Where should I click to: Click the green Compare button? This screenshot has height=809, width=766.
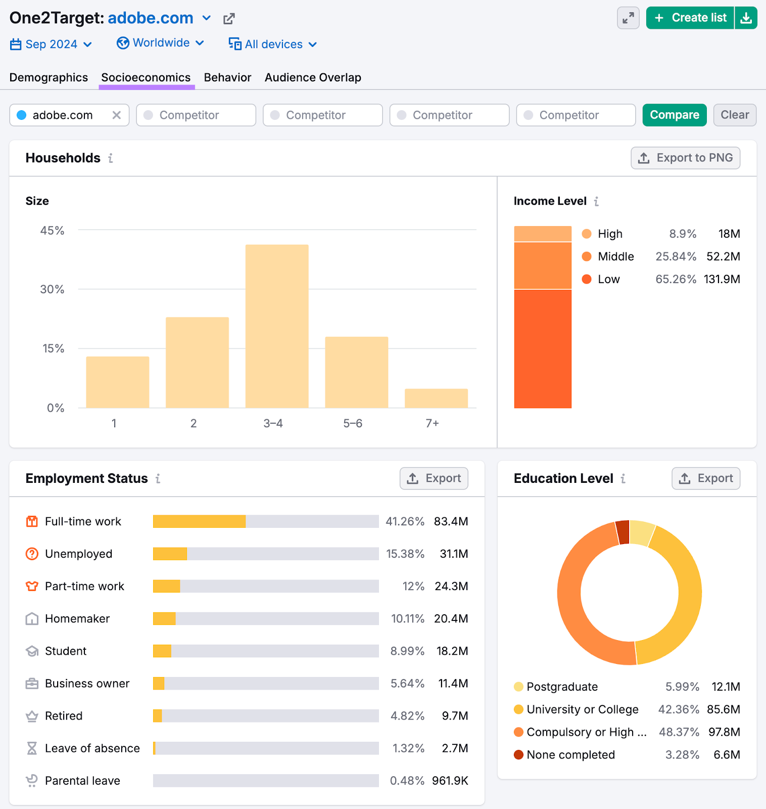[x=674, y=115]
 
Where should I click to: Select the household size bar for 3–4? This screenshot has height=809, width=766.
[x=277, y=326]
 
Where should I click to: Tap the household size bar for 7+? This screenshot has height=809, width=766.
[x=436, y=398]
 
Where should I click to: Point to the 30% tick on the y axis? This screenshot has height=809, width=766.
[x=52, y=289]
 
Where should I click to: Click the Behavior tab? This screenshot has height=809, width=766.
[x=227, y=77]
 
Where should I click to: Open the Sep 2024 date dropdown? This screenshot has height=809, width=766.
[x=51, y=44]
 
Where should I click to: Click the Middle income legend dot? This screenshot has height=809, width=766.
[x=587, y=256]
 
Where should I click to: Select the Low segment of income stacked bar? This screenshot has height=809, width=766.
[x=543, y=349]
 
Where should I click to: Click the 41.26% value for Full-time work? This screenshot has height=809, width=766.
[x=405, y=521]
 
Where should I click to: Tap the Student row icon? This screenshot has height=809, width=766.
[x=32, y=651]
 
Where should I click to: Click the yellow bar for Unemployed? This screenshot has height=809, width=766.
[x=170, y=554]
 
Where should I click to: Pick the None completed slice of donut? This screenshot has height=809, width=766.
[x=623, y=532]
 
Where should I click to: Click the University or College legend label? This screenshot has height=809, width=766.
[x=582, y=709]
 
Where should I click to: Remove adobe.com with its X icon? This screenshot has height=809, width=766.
[x=117, y=115]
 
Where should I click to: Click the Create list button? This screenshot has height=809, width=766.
[x=690, y=18]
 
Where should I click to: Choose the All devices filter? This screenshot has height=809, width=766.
[x=273, y=44]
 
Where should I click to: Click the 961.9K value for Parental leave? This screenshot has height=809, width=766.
[x=450, y=781]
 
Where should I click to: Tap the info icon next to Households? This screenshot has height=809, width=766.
[x=111, y=158]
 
